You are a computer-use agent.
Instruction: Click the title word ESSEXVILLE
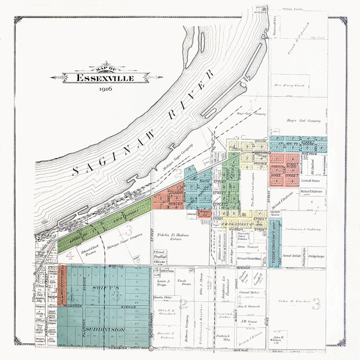(x=105, y=78)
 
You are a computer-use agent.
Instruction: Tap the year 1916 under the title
(x=105, y=89)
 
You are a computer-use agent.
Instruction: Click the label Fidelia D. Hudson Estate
(x=176, y=237)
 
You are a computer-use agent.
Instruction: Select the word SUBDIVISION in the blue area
(x=104, y=329)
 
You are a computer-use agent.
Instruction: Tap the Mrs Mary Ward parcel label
(x=289, y=85)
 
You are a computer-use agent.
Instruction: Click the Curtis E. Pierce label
(x=310, y=181)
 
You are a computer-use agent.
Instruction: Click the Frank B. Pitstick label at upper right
(x=299, y=44)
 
